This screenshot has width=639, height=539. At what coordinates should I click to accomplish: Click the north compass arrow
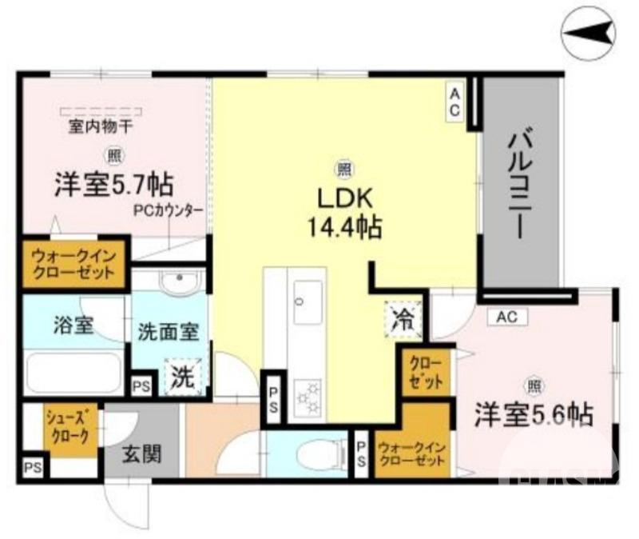point(589,32)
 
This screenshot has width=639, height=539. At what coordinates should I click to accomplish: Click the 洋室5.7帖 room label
point(113,186)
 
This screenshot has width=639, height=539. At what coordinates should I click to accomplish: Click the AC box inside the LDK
point(453,102)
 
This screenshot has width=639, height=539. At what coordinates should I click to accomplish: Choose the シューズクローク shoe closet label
point(72,429)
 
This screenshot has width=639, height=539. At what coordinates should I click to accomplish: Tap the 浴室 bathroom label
point(73,325)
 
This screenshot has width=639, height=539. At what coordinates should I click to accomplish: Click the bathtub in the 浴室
point(73,372)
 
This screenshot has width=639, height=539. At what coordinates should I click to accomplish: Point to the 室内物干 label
point(101,127)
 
